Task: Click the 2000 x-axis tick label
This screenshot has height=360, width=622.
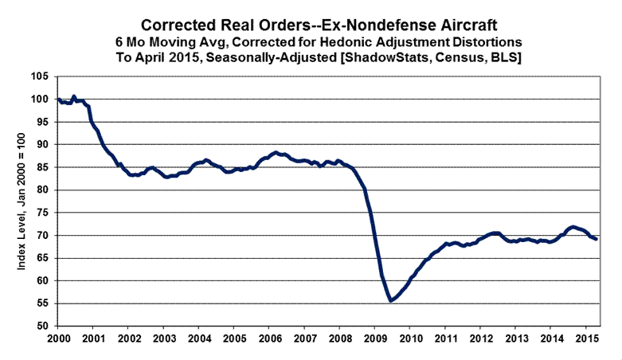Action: [x=58, y=338]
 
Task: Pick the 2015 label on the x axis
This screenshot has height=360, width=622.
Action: [x=587, y=338]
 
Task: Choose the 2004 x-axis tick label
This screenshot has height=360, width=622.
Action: [x=199, y=338]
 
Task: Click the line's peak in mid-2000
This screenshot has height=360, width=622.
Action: [x=74, y=96]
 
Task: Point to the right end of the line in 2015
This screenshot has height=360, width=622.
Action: [x=597, y=240]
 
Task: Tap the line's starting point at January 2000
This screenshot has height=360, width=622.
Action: [x=58, y=100]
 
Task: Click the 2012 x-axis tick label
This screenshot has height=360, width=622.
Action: [x=481, y=338]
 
